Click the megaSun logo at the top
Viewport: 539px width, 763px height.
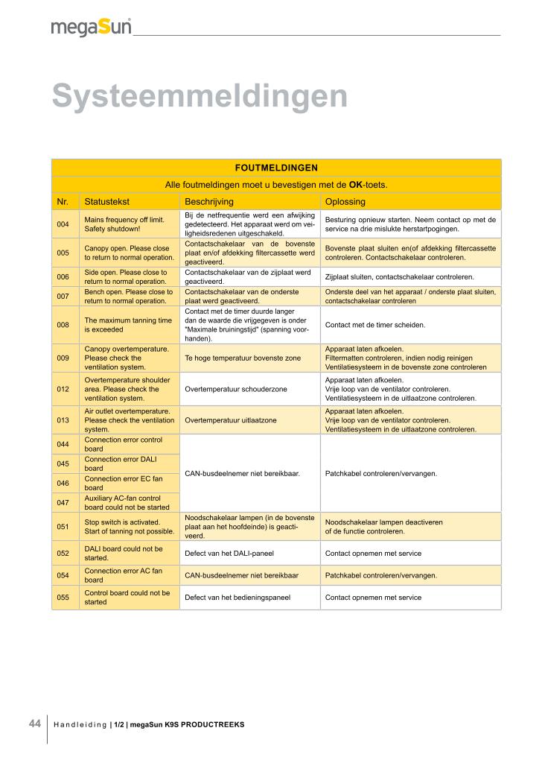pos(91,28)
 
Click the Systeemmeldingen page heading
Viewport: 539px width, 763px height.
pos(200,96)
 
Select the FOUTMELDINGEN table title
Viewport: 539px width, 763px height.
pos(276,168)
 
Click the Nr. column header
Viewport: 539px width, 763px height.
pos(63,201)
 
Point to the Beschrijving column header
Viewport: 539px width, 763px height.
pos(209,201)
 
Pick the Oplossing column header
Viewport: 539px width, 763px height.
pos(345,201)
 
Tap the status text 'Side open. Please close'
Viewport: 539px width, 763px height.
pos(127,273)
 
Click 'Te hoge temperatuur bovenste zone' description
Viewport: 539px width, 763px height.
pos(243,358)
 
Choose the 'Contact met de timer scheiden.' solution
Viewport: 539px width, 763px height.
pos(375,325)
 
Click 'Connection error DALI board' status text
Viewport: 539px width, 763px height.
pos(123,463)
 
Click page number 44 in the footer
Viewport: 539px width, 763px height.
pos(34,724)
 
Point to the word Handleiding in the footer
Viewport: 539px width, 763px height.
pos(80,725)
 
